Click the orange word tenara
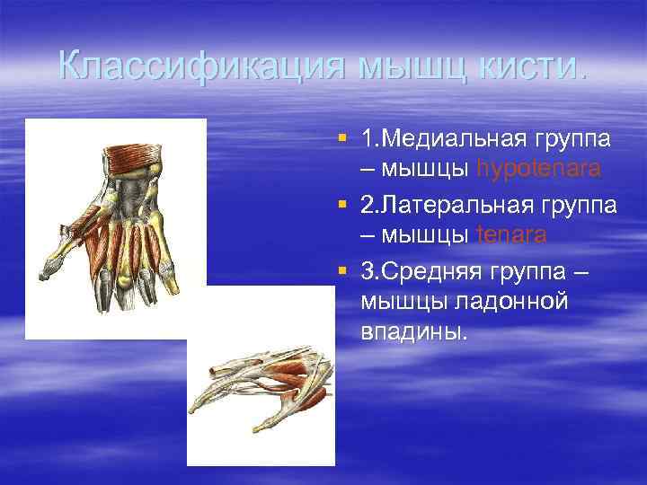tap(511, 235)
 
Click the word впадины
tap(414, 332)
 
